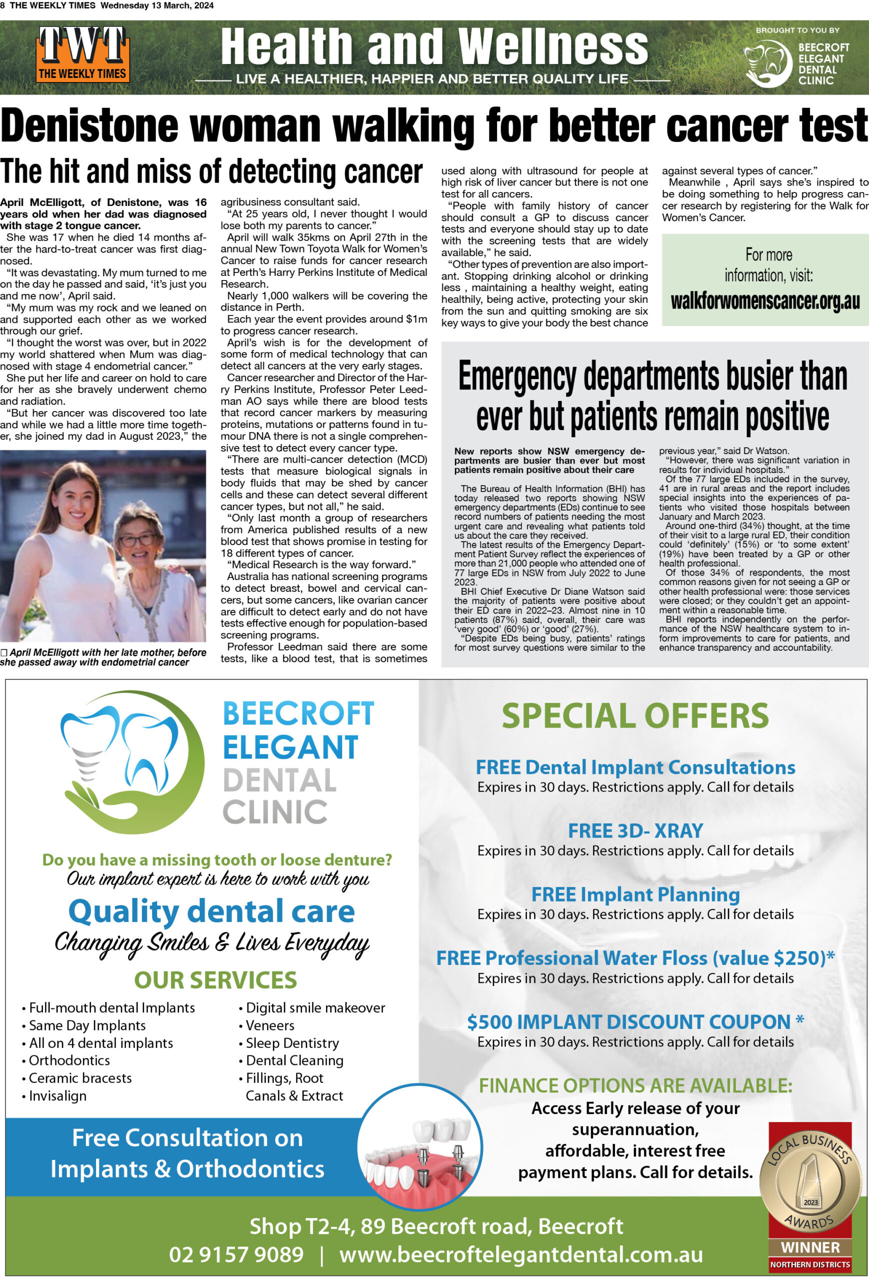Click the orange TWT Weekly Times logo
pyautogui.click(x=82, y=55)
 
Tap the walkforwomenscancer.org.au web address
pyautogui.click(x=765, y=301)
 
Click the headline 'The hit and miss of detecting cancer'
pyautogui.click(x=211, y=172)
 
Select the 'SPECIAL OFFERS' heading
pyautogui.click(x=635, y=715)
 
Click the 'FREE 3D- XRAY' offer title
pyautogui.click(x=635, y=830)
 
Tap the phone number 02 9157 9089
pyautogui.click(x=236, y=1254)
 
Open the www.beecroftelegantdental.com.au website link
pyautogui.click(x=521, y=1254)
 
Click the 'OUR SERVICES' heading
pyautogui.click(x=215, y=980)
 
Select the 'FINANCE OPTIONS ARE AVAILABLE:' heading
pyautogui.click(x=635, y=1085)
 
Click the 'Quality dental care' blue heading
pyautogui.click(x=211, y=911)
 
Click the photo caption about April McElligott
pyautogui.click(x=103, y=657)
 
